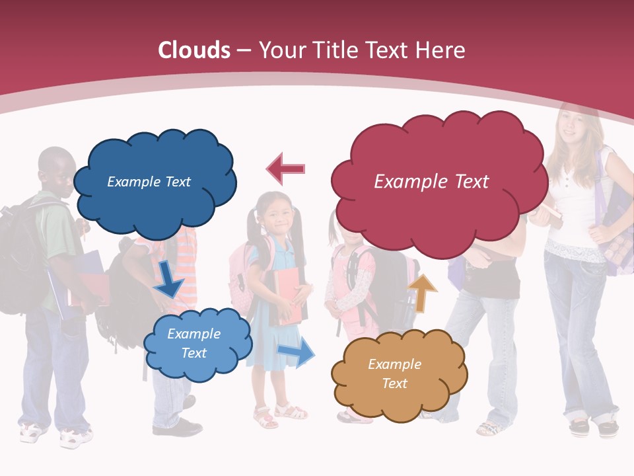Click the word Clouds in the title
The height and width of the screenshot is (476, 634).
coord(194,50)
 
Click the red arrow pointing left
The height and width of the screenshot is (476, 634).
coord(286,169)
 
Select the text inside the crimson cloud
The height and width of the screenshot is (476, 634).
coord(431,181)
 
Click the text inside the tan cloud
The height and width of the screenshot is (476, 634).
coord(394,374)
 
